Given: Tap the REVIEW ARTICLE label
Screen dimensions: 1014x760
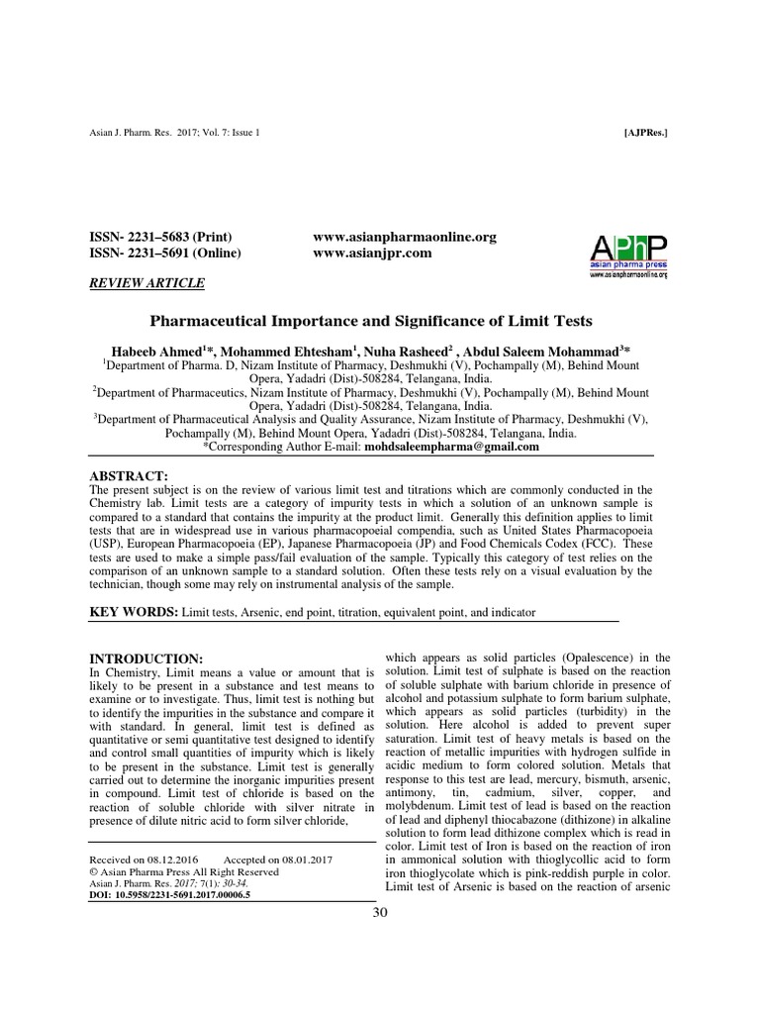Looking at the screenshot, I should pos(147,283).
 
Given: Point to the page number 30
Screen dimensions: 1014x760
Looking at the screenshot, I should pos(380,913).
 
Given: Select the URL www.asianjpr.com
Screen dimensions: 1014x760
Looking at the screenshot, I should pos(358,253).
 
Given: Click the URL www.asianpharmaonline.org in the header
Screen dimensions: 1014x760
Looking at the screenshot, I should pos(404,237).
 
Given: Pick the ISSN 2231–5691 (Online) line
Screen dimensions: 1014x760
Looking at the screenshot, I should pos(164,253).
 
